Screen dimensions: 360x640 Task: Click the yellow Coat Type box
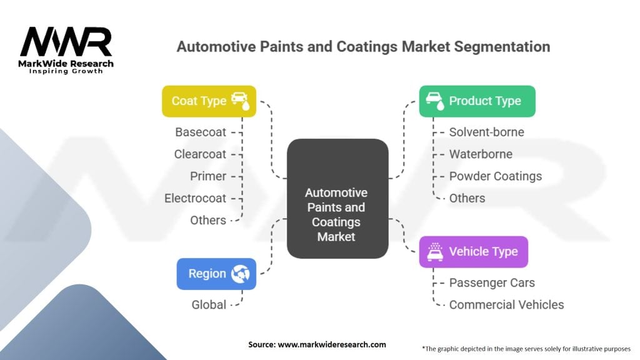209,101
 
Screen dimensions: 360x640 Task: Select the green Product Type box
477,101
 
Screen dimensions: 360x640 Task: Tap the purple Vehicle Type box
473,252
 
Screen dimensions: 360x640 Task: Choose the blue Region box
216,274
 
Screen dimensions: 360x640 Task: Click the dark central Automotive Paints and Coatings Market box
337,198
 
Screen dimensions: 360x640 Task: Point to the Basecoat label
201,132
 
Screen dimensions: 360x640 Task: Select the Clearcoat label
201,154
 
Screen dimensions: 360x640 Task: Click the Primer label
208,176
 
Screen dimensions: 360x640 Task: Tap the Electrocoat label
195,198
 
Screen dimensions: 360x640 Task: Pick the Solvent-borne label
486,132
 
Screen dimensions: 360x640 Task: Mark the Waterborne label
480,154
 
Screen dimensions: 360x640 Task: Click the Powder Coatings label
495,176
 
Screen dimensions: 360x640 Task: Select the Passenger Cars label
492,282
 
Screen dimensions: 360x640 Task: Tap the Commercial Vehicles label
506,304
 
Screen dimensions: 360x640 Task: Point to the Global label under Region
209,304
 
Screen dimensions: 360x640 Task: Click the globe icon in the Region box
240,274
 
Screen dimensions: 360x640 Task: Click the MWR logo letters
66,42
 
